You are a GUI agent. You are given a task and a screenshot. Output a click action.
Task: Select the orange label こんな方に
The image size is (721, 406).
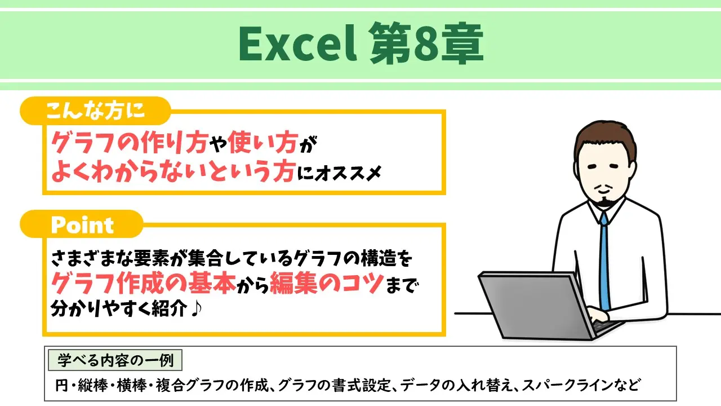[95, 111]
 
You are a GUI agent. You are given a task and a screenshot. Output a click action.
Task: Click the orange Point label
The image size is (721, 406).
[82, 225]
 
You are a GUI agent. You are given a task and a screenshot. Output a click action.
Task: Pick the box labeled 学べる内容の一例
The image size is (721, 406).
[115, 359]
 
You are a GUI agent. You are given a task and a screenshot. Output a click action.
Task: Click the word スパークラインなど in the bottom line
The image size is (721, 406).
[581, 386]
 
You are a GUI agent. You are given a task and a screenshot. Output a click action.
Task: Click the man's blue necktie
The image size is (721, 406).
[604, 259]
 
